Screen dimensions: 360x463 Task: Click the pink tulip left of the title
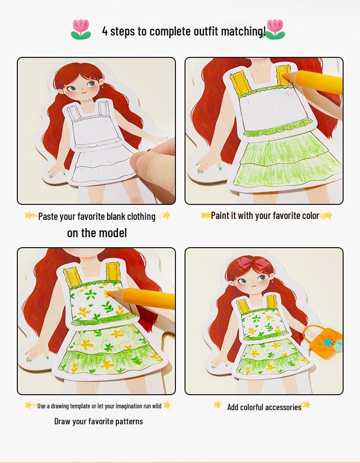[81, 29]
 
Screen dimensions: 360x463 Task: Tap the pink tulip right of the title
[275, 29]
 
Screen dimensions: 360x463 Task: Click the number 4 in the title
[105, 31]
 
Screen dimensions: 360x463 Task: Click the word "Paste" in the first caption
[48, 216]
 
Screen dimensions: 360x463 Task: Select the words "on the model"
[97, 233]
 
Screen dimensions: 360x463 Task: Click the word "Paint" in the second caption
[220, 215]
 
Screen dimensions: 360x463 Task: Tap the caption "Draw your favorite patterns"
[98, 422]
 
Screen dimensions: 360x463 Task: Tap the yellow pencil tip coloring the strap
[284, 75]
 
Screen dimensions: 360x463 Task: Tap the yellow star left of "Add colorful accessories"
[217, 404]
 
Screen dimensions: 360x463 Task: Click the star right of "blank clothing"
[166, 215]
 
